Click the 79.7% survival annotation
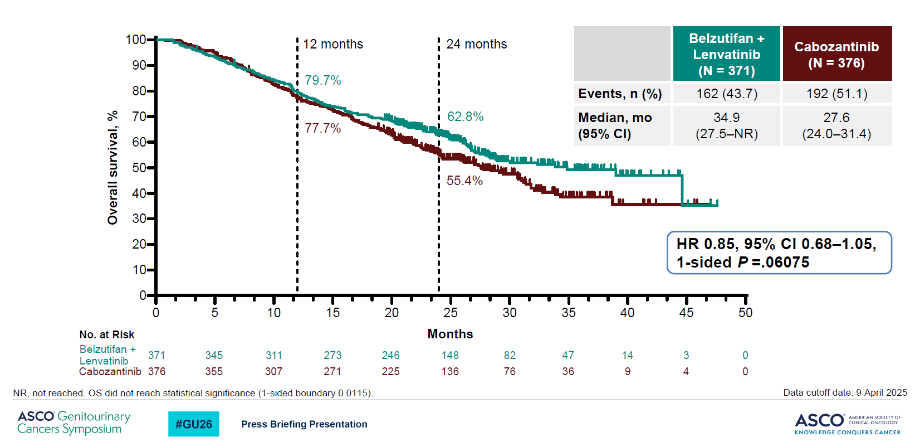[x=322, y=80]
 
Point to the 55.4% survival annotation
[x=464, y=181]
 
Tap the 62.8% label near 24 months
[x=465, y=116]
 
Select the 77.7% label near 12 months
[x=322, y=128]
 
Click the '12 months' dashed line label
[x=332, y=44]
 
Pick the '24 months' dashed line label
[x=476, y=44]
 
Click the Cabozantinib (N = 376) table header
[x=836, y=54]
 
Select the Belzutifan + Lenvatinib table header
[x=726, y=54]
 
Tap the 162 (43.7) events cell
[x=726, y=94]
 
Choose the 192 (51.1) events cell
[x=836, y=94]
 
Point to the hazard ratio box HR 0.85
[x=779, y=253]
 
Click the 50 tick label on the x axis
[x=745, y=313]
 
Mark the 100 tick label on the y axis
[x=135, y=40]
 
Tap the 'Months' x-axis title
[x=450, y=334]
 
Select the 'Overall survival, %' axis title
[x=112, y=167]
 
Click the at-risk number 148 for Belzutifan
[x=450, y=355]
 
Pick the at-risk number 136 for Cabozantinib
[x=450, y=371]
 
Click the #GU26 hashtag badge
[x=194, y=424]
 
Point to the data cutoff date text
[x=845, y=392]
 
